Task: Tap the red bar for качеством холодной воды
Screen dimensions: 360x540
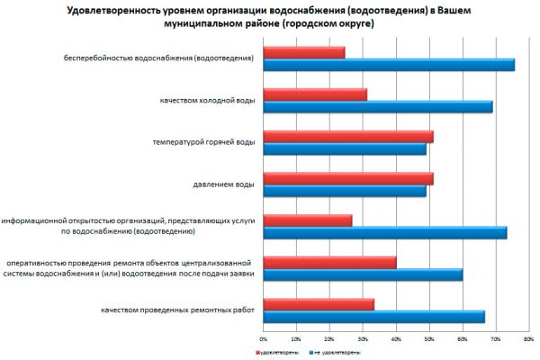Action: (315, 94)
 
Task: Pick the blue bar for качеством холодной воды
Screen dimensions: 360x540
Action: (378, 106)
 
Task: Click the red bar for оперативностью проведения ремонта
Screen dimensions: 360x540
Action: (329, 263)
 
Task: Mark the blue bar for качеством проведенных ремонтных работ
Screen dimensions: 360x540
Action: (374, 317)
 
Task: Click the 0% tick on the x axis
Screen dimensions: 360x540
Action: (263, 339)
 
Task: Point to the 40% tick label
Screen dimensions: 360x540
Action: (396, 339)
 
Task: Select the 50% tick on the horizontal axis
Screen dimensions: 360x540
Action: (429, 339)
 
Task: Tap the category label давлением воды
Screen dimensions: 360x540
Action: (223, 184)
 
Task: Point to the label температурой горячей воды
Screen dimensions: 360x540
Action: (204, 142)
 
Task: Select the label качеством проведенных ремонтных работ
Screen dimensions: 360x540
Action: (184, 311)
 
